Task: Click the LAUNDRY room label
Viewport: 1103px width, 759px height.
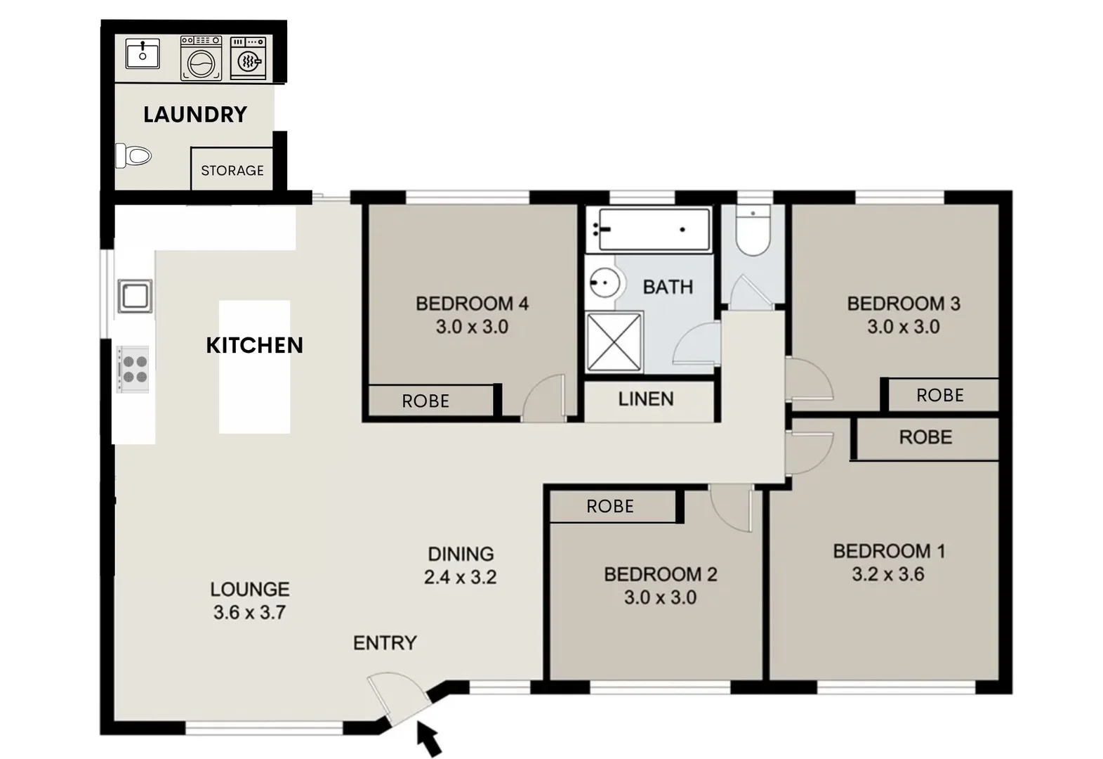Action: [x=195, y=115]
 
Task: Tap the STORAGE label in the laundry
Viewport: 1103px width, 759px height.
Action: [x=232, y=171]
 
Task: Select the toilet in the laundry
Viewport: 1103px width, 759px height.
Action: [x=133, y=155]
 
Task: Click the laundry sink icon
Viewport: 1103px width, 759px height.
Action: [x=143, y=53]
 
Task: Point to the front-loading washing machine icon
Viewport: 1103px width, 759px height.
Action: [x=202, y=58]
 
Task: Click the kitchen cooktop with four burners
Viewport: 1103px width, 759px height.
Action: [x=133, y=370]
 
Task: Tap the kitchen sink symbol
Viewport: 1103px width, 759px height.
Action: [x=135, y=296]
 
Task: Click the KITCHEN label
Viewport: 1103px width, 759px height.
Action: [x=254, y=345]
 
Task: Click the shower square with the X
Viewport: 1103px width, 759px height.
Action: [x=614, y=342]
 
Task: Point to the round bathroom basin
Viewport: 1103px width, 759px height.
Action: [x=602, y=283]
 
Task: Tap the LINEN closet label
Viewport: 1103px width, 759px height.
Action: [x=646, y=399]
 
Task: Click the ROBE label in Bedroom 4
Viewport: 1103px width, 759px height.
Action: [x=425, y=401]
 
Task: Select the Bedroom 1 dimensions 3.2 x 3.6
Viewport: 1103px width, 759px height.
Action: [x=888, y=575]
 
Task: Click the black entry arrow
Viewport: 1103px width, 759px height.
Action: [x=429, y=739]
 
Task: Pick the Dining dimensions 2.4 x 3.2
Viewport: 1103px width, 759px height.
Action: [x=461, y=578]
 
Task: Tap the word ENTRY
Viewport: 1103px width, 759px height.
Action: [x=385, y=643]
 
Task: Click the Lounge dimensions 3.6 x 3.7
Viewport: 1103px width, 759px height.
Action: [x=249, y=613]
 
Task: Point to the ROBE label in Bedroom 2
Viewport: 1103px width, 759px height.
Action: [x=610, y=507]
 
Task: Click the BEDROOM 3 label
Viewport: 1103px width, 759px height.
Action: [x=904, y=304]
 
